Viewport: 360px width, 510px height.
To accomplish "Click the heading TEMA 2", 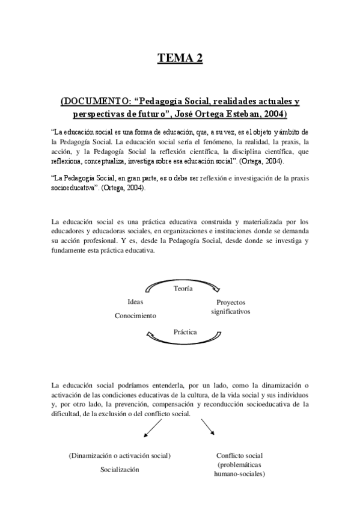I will [x=180, y=58].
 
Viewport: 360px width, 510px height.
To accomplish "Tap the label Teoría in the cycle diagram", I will [x=183, y=289].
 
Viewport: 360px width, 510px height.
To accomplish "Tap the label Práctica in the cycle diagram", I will [x=185, y=331].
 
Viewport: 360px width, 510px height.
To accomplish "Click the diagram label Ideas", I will [x=135, y=302].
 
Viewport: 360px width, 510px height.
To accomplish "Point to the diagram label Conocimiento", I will [x=135, y=315].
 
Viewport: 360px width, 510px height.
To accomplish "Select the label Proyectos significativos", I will [x=230, y=307].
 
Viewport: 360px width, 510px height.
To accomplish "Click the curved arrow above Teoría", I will [x=183, y=280].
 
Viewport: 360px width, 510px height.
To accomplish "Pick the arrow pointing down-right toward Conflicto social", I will [x=207, y=427].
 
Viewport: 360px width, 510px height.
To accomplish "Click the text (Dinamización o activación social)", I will [x=120, y=455].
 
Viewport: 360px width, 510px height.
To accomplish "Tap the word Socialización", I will [x=120, y=469].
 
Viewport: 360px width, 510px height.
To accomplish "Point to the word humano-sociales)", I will [x=239, y=473].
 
